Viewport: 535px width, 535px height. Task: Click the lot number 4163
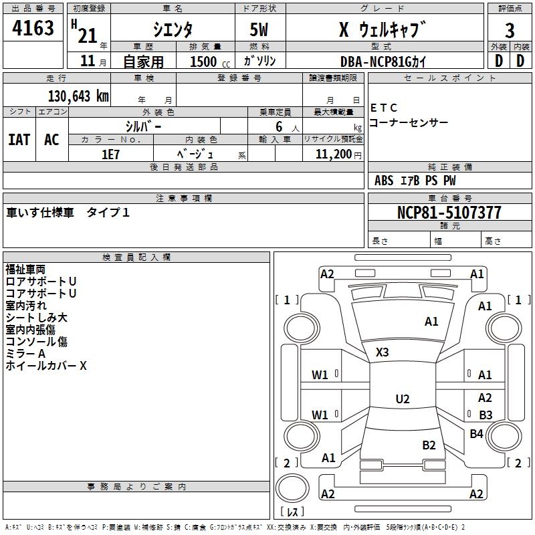coord(33,29)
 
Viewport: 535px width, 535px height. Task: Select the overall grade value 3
coord(510,31)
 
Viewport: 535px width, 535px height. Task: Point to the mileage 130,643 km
coord(78,96)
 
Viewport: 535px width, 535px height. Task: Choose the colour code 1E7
coord(110,154)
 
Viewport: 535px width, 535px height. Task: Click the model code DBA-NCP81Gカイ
coord(383,62)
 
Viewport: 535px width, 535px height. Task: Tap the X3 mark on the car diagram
coord(382,352)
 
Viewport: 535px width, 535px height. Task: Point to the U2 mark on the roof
coord(402,399)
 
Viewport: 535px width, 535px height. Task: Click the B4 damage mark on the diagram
coord(476,434)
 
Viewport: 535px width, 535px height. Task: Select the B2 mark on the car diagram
coord(429,445)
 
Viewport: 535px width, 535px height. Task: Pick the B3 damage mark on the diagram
coord(486,415)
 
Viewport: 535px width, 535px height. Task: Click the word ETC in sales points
coord(384,108)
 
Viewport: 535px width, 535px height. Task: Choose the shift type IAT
coord(19,140)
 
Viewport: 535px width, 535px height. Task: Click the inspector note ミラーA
coord(25,354)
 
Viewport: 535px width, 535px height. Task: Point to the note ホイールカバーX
coord(46,366)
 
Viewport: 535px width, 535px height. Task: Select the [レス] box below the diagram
coord(292,512)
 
